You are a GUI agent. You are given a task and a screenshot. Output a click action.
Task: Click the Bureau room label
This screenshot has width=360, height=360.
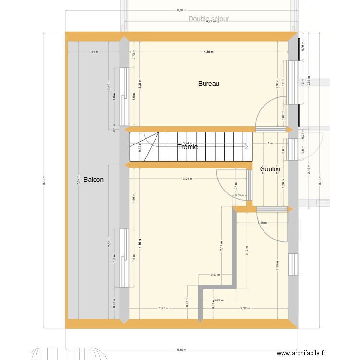(x=209, y=84)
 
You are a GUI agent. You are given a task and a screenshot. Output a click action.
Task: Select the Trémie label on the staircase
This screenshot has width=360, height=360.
(x=188, y=147)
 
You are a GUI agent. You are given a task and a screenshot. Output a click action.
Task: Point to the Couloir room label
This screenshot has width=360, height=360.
(x=270, y=169)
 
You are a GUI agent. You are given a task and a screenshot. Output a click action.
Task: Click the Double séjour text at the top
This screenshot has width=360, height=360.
(x=209, y=19)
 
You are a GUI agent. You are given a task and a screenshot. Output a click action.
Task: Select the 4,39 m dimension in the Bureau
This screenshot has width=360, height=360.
(x=209, y=52)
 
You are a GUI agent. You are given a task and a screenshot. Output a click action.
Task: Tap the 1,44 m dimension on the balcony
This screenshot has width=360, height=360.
(x=93, y=52)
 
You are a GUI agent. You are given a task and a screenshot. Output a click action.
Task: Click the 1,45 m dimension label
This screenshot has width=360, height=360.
(x=263, y=223)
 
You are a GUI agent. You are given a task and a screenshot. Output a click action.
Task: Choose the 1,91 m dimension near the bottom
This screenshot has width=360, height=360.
(x=164, y=308)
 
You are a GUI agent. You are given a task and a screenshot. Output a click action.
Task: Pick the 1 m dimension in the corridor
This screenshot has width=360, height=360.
(x=270, y=143)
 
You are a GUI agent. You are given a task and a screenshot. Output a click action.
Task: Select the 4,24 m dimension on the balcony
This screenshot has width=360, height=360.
(x=109, y=243)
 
